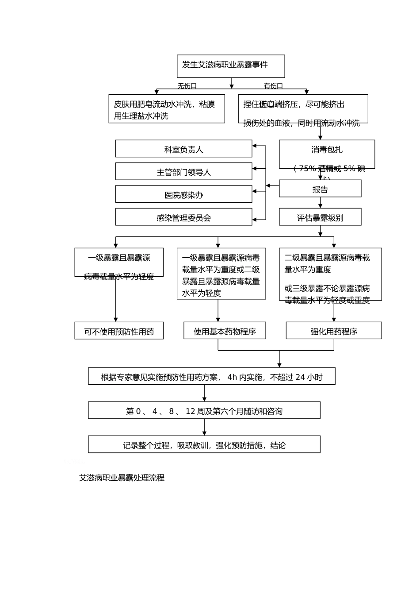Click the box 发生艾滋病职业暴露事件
pyautogui.click(x=231, y=66)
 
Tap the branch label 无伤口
pyautogui.click(x=187, y=86)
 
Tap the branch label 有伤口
pyautogui.click(x=273, y=86)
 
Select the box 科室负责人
pyautogui.click(x=183, y=149)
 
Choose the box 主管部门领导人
pyautogui.click(x=183, y=172)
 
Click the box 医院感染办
pyautogui.click(x=183, y=195)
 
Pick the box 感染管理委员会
pyautogui.click(x=183, y=217)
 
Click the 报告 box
pyautogui.click(x=320, y=189)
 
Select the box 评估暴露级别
pyautogui.click(x=320, y=217)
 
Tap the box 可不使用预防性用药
pyautogui.click(x=119, y=331)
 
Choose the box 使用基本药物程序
pyautogui.click(x=225, y=331)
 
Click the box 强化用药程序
pyautogui.click(x=334, y=331)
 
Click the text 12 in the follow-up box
pyautogui.click(x=191, y=411)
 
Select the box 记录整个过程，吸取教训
pyautogui.click(x=204, y=445)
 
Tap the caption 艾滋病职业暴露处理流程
pyautogui.click(x=122, y=478)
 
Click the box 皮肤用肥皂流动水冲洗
pyautogui.click(x=167, y=109)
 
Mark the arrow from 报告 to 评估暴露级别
pyautogui.click(x=320, y=203)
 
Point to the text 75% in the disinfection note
pyautogui.click(x=307, y=169)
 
